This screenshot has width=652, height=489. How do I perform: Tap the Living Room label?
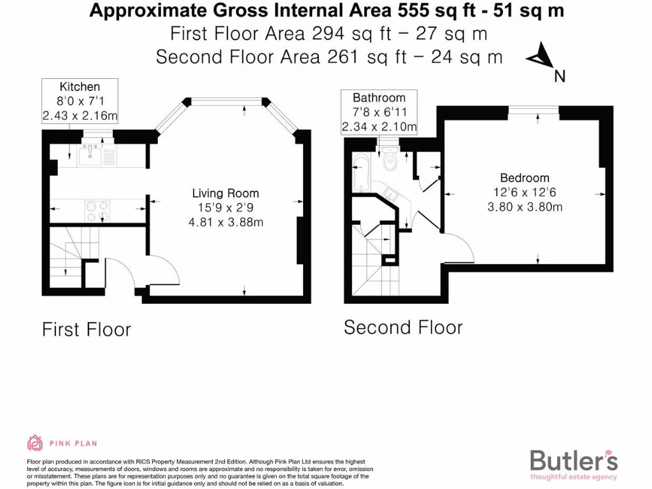[226, 194]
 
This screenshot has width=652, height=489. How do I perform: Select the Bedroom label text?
[524, 178]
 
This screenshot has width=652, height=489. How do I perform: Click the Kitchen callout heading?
[80, 87]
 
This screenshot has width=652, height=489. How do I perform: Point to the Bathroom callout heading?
[379, 98]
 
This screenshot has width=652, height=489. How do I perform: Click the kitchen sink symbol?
[93, 153]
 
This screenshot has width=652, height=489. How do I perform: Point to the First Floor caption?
[86, 329]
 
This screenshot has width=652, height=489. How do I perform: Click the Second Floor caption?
[403, 327]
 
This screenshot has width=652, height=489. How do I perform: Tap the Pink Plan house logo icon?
[35, 443]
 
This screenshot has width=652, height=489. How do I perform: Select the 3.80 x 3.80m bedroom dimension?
[524, 206]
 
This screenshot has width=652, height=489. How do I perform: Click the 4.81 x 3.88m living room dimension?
[226, 222]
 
